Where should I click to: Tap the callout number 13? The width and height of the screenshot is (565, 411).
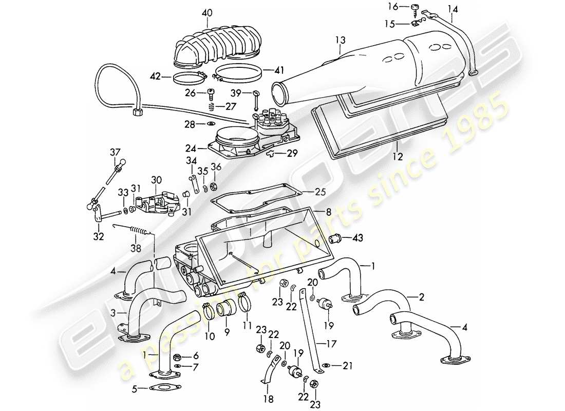(341, 39)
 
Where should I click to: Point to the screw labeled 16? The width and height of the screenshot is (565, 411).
(414, 7)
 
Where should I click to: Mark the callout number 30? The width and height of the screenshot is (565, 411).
(156, 180)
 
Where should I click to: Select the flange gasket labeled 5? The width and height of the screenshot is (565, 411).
(157, 390)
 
